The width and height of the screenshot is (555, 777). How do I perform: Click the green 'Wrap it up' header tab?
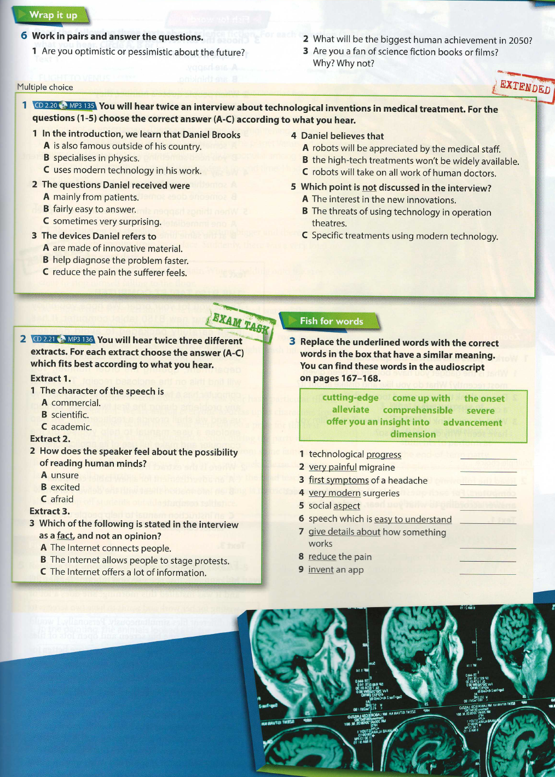[49, 15]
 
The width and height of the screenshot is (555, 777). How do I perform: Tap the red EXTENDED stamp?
[524, 87]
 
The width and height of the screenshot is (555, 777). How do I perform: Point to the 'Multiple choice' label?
[45, 87]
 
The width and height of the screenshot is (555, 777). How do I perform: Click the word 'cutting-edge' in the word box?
[350, 398]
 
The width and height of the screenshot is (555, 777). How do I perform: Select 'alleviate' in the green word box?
[350, 410]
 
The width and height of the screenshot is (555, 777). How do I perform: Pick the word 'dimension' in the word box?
[413, 434]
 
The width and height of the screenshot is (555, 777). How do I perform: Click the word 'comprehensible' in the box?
[418, 410]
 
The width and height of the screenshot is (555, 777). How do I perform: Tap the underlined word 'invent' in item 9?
[321, 570]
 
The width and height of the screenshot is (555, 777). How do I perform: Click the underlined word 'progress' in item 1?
[384, 454]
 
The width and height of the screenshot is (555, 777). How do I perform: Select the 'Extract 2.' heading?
[50, 439]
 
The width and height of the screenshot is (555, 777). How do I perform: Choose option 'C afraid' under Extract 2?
[57, 499]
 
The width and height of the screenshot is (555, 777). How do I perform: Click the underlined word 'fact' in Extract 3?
[65, 536]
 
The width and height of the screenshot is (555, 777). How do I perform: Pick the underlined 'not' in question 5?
[369, 188]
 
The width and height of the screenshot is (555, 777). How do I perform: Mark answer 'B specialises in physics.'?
[91, 158]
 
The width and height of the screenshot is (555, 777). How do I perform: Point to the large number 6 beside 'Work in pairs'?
[24, 36]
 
